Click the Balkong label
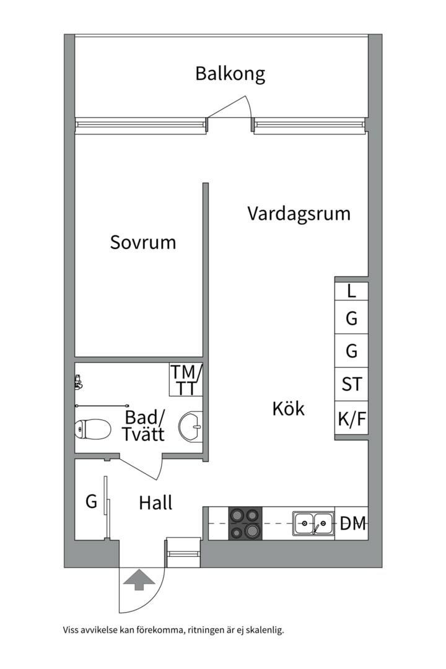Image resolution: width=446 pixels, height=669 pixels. point(230,74)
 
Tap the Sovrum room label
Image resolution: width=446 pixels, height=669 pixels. point(143,242)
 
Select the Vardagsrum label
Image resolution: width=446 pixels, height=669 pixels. point(299,214)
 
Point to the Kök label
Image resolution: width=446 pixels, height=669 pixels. point(289,409)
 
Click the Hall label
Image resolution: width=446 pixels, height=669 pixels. point(155,502)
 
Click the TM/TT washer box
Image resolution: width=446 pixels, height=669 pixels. point(186,380)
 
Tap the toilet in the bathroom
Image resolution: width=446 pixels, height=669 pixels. point(93,429)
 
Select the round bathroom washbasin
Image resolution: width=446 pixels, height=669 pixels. point(191,426)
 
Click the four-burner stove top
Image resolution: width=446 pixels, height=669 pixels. point(245,523)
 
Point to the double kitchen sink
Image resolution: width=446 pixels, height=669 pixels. point(313,523)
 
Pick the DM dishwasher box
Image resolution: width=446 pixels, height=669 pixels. point(352,523)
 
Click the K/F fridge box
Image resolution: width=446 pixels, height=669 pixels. point(352,418)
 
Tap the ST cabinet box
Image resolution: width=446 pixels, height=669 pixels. point(352,385)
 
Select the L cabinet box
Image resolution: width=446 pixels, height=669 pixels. point(352,291)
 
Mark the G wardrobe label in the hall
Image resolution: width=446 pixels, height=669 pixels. point(91,501)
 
